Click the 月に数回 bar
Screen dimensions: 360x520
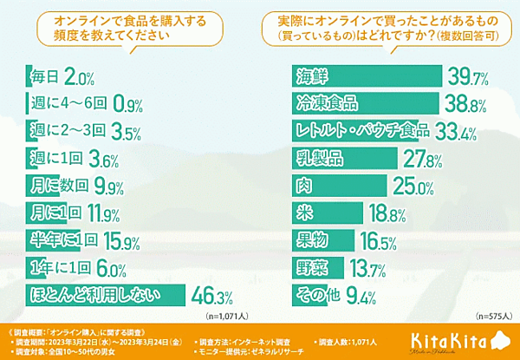point(53,187)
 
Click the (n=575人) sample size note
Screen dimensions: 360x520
point(493,317)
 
